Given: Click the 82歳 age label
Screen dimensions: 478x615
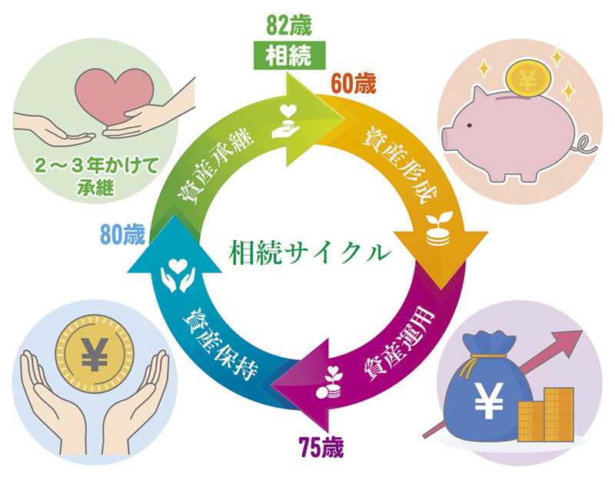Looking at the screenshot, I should (x=288, y=24).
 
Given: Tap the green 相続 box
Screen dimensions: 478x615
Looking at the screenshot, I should (x=288, y=55).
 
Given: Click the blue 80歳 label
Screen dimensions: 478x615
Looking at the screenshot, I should (x=122, y=234).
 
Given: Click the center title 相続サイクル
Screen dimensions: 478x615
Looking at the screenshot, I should (x=308, y=253).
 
